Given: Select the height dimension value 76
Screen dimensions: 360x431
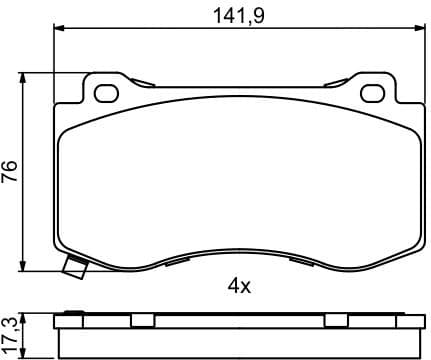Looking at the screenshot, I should (11, 172).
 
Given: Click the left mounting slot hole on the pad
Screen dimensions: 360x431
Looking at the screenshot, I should (105, 95).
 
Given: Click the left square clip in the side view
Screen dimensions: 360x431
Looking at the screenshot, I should (143, 320).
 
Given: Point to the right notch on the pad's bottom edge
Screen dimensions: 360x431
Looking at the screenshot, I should (299, 262).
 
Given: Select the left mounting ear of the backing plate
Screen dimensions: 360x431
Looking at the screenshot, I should (105, 90).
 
